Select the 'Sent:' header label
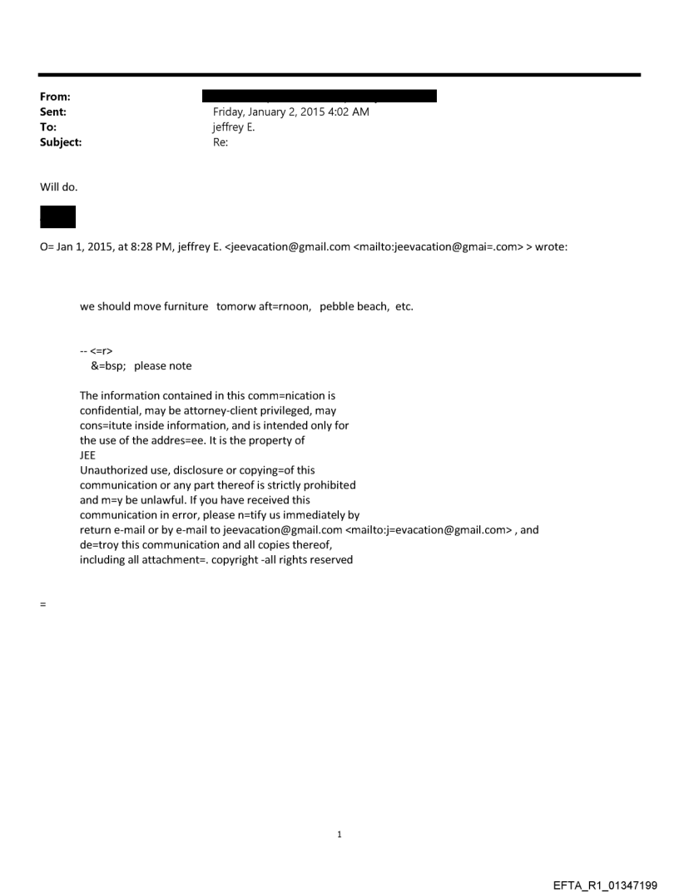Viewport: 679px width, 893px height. point(52,112)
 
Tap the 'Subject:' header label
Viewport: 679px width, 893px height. point(61,142)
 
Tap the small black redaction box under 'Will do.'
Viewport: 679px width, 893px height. point(57,216)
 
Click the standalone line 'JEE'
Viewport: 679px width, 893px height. point(87,455)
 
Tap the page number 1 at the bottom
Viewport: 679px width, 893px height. point(339,834)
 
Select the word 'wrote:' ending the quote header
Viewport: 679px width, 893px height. point(551,246)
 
